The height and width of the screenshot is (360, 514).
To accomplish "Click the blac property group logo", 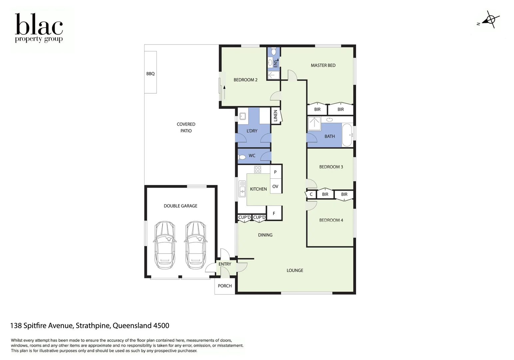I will tap(39, 28).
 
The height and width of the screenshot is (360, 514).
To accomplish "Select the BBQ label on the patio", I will tap(150, 74).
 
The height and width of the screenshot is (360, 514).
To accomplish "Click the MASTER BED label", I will tap(323, 65).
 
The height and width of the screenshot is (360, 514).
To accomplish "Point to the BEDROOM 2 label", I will tap(245, 80).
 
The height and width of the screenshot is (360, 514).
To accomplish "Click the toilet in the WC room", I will tap(242, 157).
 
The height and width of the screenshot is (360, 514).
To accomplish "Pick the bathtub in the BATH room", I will tap(347, 135).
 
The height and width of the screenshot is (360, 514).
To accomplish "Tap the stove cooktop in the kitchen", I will tap(257, 169).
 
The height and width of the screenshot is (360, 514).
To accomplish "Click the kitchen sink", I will tap(242, 189).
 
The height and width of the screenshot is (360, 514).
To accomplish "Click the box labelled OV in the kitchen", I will tap(275, 186).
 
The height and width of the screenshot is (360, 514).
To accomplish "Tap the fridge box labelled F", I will tap(274, 213).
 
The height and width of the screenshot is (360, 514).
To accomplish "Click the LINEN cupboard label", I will tap(275, 116).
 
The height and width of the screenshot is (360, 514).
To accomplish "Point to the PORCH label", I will tap(225, 286).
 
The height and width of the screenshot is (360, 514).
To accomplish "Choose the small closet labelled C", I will tap(311, 194).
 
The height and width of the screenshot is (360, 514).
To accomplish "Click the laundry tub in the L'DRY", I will tap(243, 116).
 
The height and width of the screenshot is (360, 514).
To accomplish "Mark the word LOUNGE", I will tap(295, 270).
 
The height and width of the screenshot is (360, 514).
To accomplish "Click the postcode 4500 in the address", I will tap(161, 326).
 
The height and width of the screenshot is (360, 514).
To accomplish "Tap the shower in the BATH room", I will tap(314, 123).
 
